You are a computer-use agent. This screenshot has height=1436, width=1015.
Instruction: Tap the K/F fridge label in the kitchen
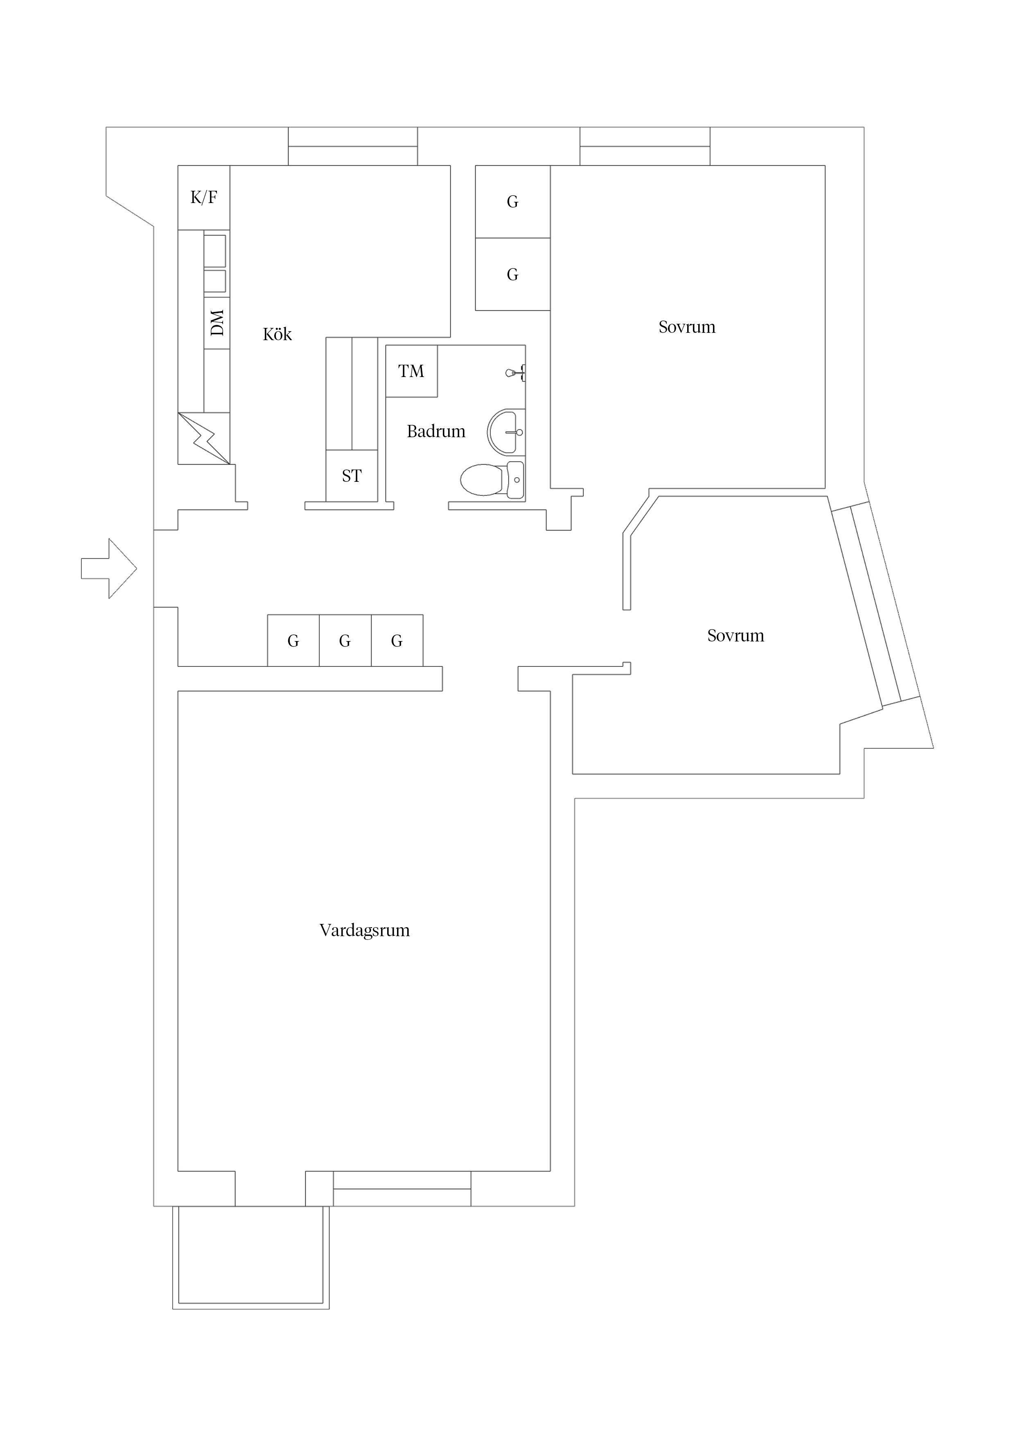204,198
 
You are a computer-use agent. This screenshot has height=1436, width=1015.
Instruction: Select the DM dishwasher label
217,323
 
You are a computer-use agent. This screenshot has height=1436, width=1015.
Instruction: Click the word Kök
277,334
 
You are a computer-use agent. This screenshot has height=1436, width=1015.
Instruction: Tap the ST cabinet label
352,476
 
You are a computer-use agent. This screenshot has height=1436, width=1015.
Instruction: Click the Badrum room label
436,431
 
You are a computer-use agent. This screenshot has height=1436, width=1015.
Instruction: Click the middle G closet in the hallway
345,641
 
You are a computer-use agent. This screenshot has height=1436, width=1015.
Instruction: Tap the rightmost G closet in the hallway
397,641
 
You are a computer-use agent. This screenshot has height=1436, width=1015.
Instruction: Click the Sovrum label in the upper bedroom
687,327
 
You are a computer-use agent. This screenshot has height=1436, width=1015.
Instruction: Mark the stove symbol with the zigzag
204,438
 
